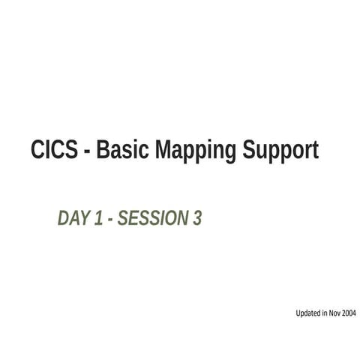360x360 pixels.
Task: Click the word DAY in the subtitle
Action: coord(73,218)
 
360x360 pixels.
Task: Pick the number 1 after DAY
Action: coord(99,218)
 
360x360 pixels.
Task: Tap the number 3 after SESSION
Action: coord(197,218)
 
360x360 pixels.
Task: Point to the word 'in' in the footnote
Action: coord(325,313)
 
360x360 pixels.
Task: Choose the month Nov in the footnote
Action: coord(334,313)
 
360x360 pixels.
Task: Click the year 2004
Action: coord(349,313)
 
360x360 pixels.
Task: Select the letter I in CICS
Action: coord(51,151)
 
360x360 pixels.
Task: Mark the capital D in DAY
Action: coord(63,218)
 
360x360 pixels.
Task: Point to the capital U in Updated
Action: coord(298,313)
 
